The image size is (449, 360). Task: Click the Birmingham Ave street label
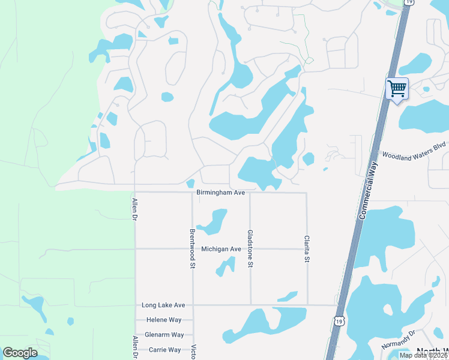tap(221, 193)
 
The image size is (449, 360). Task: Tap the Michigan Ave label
tap(221, 249)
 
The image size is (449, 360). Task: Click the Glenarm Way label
tap(164, 335)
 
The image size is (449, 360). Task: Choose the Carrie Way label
tap(164, 350)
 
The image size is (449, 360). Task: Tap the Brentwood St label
tap(193, 248)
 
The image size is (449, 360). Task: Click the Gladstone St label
tap(250, 248)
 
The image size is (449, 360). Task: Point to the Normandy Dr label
tap(399, 340)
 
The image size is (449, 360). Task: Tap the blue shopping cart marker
tap(397, 89)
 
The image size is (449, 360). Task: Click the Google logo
tap(20, 353)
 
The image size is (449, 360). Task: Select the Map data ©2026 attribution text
tap(424, 355)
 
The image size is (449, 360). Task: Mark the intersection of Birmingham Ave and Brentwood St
tap(193, 193)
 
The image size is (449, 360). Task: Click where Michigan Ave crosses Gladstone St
tap(250, 249)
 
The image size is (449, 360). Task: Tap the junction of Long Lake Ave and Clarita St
tap(307, 305)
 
